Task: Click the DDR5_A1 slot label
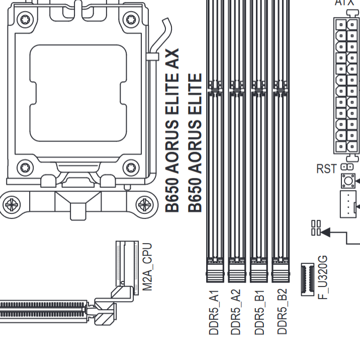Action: [214, 312]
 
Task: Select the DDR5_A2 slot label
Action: [236, 312]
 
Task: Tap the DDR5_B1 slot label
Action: [259, 312]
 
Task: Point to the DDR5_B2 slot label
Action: [282, 312]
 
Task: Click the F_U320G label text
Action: [322, 277]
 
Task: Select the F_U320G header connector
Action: [308, 279]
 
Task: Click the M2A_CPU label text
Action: [147, 267]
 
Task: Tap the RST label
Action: [326, 169]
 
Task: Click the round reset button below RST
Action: [348, 181]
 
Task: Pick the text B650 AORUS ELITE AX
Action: [172, 130]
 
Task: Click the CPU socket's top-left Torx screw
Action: [25, 20]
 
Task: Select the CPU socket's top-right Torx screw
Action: [131, 20]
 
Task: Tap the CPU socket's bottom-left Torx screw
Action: [25, 167]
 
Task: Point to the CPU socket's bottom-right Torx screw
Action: [131, 167]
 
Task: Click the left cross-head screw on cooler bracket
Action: [12, 205]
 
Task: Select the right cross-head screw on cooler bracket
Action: [144, 205]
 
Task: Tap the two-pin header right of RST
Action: [347, 167]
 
